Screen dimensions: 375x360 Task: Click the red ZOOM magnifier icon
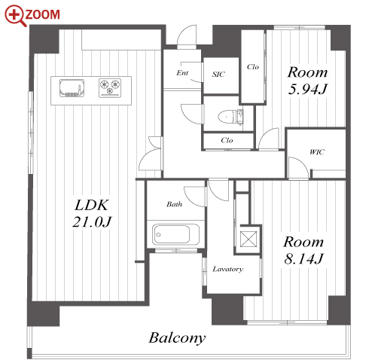click(x=15, y=16)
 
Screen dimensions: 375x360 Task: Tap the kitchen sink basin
click(x=72, y=88)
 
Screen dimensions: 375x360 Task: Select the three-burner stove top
click(x=110, y=87)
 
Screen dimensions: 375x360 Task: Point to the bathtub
click(x=175, y=234)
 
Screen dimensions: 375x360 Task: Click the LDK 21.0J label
click(x=92, y=213)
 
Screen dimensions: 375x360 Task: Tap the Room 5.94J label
click(x=307, y=81)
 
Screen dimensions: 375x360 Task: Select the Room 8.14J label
click(x=303, y=251)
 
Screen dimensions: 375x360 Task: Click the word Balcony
click(x=177, y=337)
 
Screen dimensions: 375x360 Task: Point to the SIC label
click(x=218, y=75)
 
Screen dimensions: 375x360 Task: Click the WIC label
click(x=317, y=152)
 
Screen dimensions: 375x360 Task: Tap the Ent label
click(x=182, y=73)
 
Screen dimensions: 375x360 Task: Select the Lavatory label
click(x=227, y=269)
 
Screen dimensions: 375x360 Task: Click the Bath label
click(x=174, y=204)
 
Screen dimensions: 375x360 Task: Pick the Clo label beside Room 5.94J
click(x=253, y=67)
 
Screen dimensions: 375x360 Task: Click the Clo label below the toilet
click(x=227, y=140)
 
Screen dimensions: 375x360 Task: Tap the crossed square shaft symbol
click(x=248, y=239)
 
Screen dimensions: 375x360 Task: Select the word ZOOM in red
click(x=43, y=14)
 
